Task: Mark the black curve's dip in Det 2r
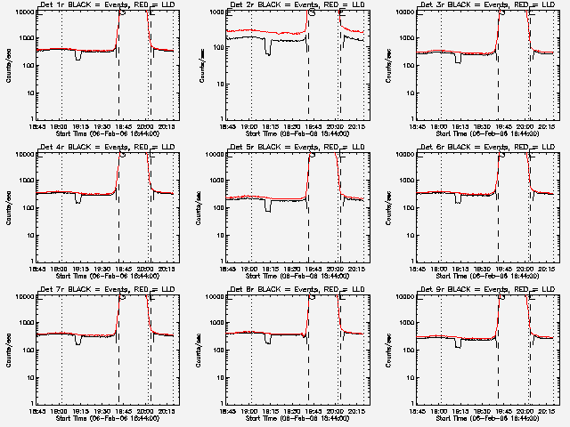[x=268, y=50]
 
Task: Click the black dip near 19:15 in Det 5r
[x=268, y=206]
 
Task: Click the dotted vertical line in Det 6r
[x=441, y=205]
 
